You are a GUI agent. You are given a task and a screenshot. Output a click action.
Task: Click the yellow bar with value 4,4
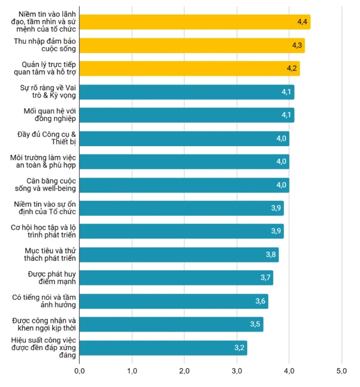(x=193, y=22)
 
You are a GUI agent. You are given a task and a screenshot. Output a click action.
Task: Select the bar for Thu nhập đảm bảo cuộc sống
(x=191, y=45)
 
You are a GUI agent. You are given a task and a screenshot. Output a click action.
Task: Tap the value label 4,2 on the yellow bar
(x=291, y=68)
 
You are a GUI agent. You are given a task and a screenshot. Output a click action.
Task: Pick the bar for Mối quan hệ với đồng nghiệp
(x=186, y=115)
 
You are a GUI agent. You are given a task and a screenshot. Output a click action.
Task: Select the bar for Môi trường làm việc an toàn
(x=184, y=162)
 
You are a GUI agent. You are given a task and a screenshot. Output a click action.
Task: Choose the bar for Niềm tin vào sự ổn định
(x=181, y=208)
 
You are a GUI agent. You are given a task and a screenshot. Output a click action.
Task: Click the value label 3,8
(x=271, y=254)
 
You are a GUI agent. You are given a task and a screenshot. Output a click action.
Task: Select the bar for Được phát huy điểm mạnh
(x=176, y=278)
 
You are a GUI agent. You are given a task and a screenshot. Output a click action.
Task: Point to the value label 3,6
(x=260, y=301)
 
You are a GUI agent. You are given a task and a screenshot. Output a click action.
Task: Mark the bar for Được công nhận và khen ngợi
(x=172, y=324)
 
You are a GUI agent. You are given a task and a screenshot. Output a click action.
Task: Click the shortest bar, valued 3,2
(x=163, y=348)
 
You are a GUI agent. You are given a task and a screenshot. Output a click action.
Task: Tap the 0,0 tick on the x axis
(x=79, y=372)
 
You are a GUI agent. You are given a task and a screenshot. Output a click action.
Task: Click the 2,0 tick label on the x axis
(x=184, y=372)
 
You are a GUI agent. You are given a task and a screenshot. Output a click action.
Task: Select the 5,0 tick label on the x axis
(x=341, y=372)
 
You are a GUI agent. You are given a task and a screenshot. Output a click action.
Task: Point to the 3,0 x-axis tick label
(x=236, y=372)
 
